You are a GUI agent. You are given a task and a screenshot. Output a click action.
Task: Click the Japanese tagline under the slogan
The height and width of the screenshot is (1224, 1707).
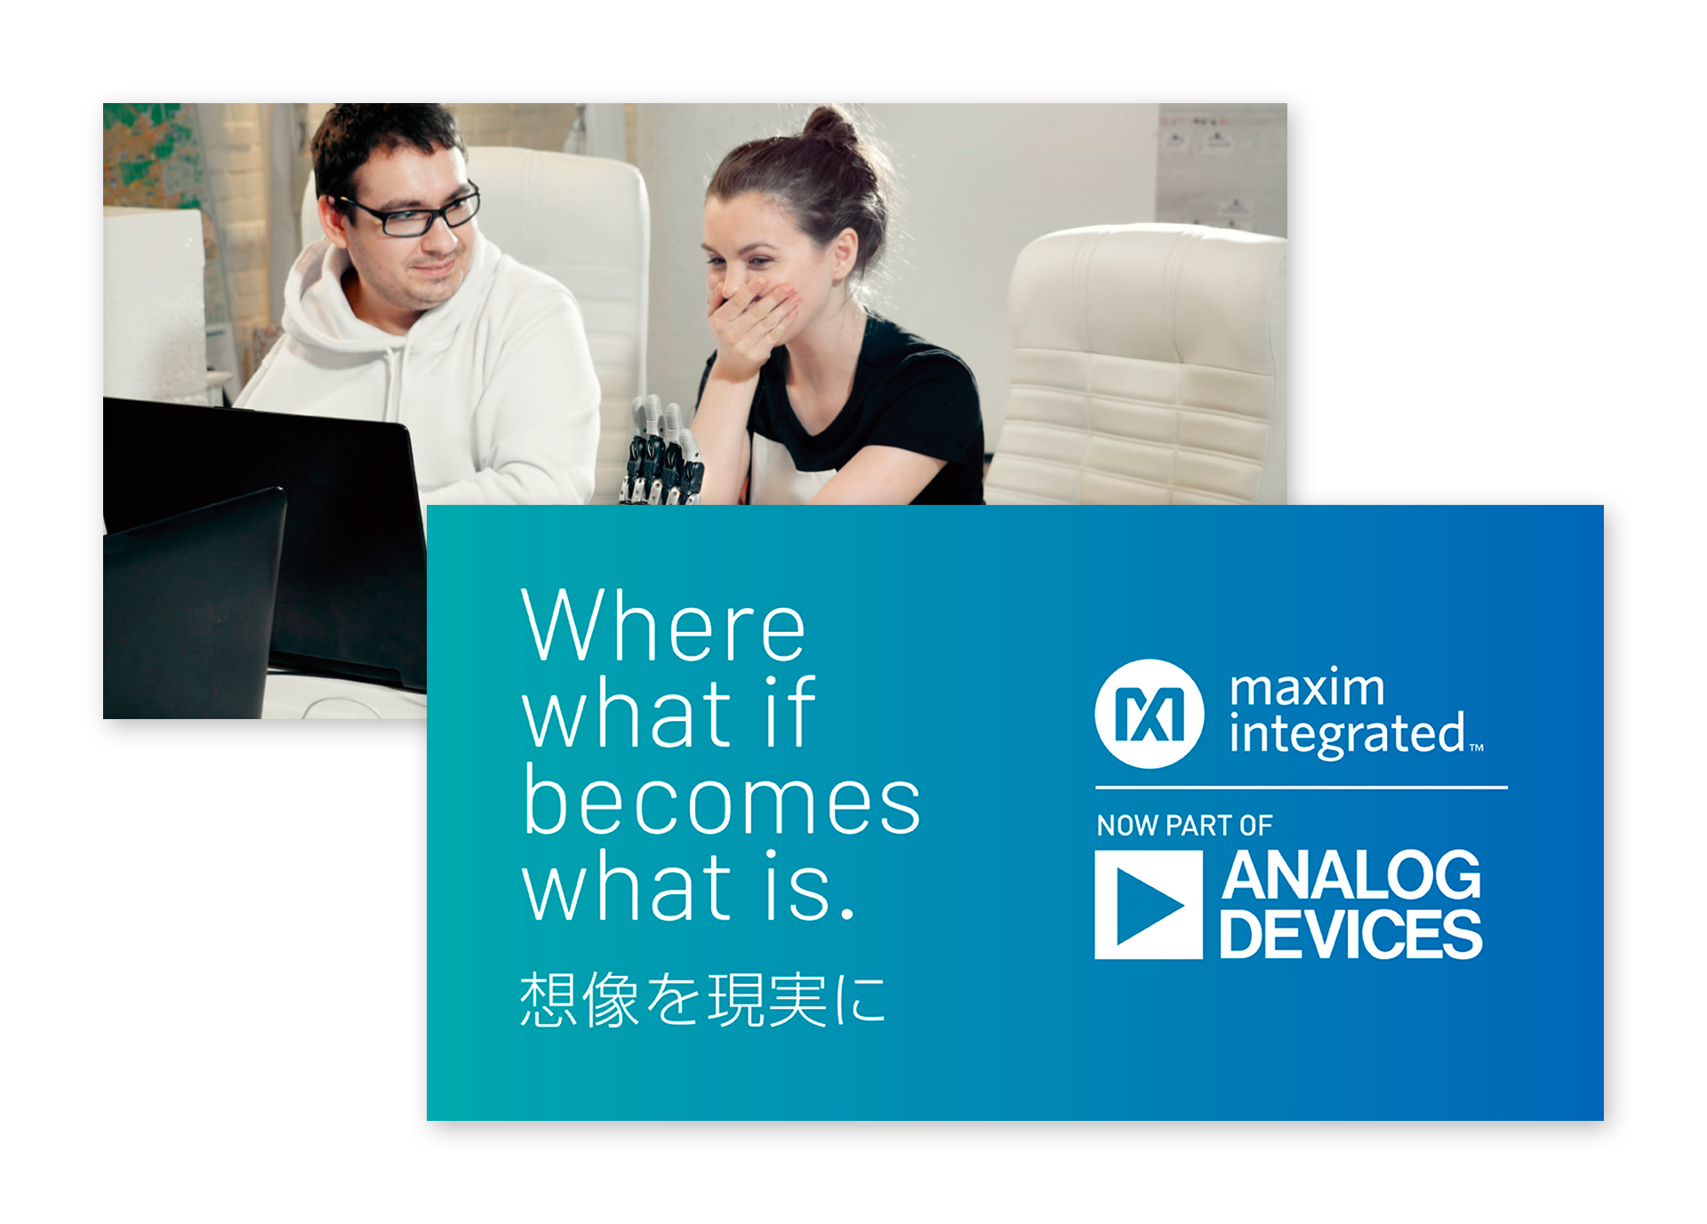pyautogui.click(x=702, y=999)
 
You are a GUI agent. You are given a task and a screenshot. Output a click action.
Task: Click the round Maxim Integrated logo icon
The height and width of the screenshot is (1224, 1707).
pyautogui.click(x=1150, y=714)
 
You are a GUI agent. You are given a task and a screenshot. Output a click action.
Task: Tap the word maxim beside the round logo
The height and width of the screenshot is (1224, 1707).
pyautogui.click(x=1307, y=687)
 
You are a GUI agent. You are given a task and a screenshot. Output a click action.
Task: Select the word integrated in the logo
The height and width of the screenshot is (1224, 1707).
pyautogui.click(x=1347, y=734)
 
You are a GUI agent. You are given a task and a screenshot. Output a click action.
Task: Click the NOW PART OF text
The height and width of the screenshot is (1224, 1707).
pyautogui.click(x=1184, y=826)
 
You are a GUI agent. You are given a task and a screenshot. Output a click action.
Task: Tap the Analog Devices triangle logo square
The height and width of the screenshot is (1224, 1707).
pyautogui.click(x=1149, y=905)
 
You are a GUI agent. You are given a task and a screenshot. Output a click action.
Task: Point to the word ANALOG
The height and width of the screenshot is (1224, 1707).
pyautogui.click(x=1351, y=876)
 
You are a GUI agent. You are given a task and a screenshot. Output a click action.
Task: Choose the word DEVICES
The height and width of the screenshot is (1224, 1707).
pyautogui.click(x=1350, y=933)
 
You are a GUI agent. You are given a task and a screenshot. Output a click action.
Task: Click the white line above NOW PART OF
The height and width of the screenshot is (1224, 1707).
pyautogui.click(x=1302, y=788)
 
